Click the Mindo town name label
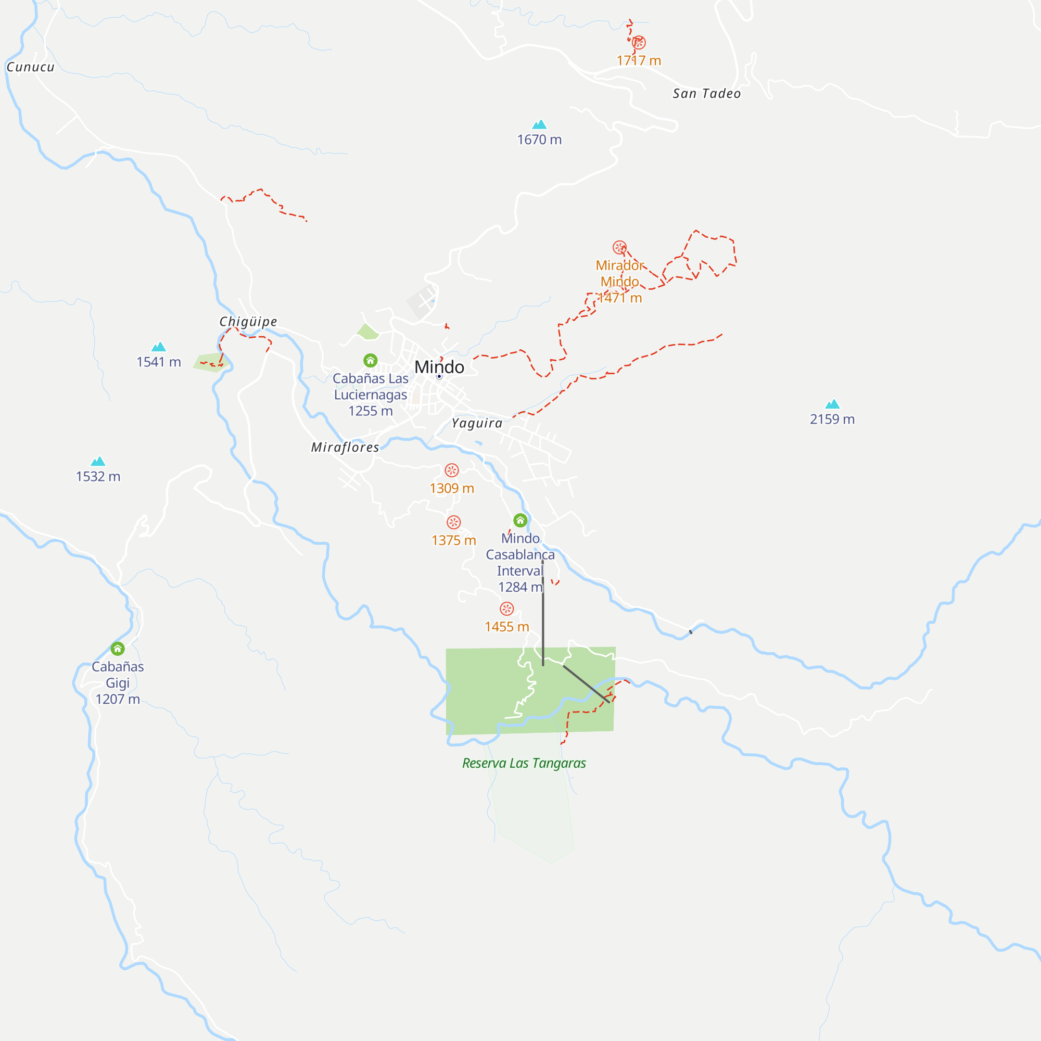[x=439, y=367]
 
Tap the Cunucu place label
[x=31, y=67]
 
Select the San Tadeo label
[x=706, y=94]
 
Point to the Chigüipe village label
[x=248, y=322]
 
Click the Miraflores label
[x=345, y=447]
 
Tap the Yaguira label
[x=477, y=423]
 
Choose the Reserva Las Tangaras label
[x=524, y=763]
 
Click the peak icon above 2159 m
[x=832, y=404]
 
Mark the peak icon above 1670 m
[x=539, y=124]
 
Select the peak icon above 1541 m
[x=158, y=347]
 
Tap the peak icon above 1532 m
[x=98, y=461]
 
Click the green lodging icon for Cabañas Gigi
[x=118, y=649]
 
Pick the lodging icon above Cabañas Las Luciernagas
[x=370, y=360]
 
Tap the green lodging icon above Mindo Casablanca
[x=520, y=520]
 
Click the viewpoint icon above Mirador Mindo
[x=619, y=247]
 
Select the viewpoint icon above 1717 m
[x=639, y=42]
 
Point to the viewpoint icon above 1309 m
[x=451, y=471]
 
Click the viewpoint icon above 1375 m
[x=454, y=522]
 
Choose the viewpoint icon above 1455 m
[x=506, y=609]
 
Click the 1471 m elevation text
[x=619, y=298]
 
